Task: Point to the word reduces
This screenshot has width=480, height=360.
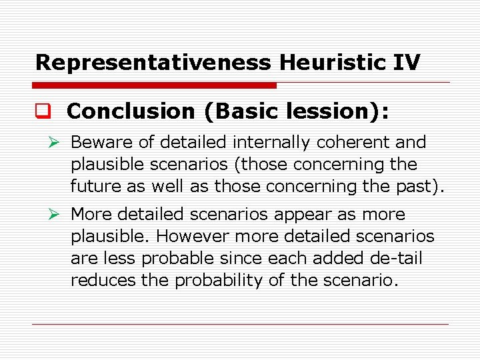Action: (x=103, y=281)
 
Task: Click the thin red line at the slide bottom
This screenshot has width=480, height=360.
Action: (x=240, y=325)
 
